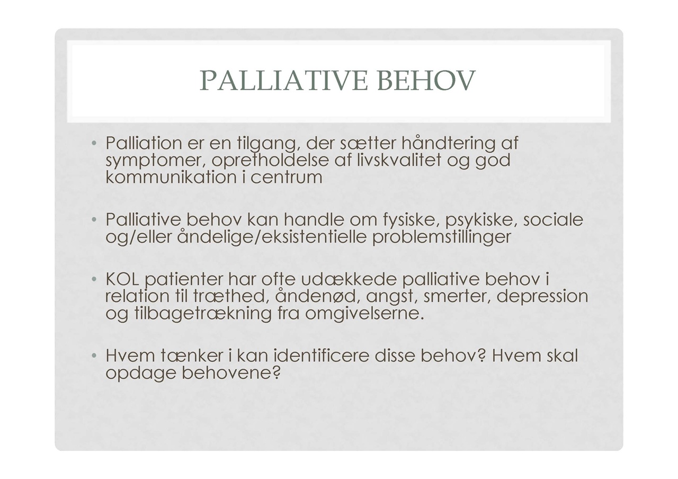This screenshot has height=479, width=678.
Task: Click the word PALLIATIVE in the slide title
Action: [283, 81]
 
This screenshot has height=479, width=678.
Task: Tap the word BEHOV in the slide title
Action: [426, 81]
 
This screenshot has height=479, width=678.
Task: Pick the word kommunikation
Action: [171, 177]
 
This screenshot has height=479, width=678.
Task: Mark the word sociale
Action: [553, 219]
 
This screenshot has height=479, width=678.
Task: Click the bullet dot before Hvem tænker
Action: [94, 355]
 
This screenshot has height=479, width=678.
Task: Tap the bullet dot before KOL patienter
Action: [94, 279]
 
